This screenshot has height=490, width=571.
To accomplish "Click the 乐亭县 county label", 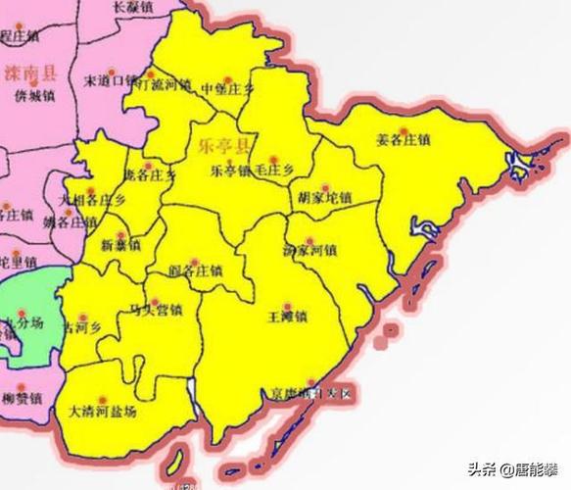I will point(224,148).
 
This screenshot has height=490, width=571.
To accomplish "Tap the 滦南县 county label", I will point(31,73).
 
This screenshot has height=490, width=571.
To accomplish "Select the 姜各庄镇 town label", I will point(403,139).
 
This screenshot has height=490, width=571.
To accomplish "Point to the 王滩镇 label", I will point(288,318).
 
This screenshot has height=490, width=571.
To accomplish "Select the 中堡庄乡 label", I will point(227,90).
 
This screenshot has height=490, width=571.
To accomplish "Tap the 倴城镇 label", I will point(34,96).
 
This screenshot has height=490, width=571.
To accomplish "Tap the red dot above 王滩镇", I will point(288,305).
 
